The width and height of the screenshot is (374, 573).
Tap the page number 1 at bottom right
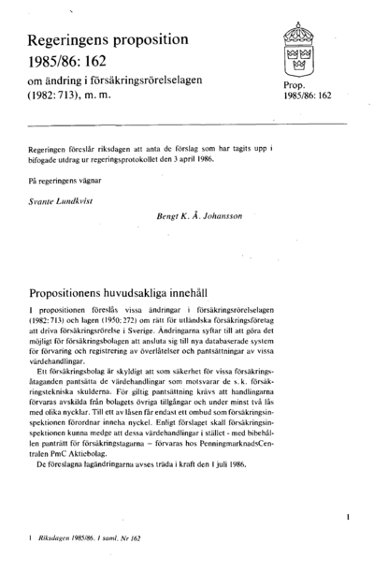[346, 516]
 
